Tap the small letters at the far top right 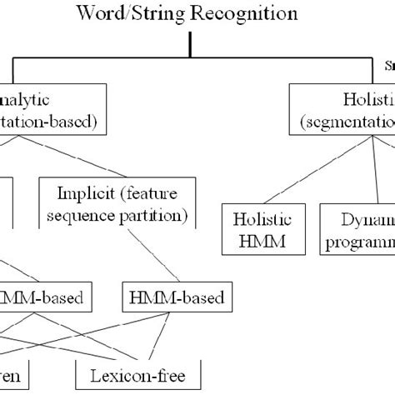pyautogui.click(x=389, y=64)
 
